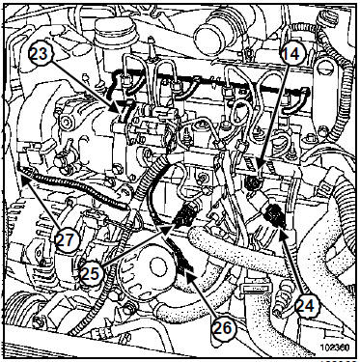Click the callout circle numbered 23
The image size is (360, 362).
click(x=40, y=54)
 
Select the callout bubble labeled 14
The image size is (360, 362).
click(x=291, y=54)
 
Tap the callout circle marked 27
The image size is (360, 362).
click(x=67, y=240)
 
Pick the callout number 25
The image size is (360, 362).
click(x=92, y=273)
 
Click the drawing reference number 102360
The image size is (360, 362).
click(x=336, y=348)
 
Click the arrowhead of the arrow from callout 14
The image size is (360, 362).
click(x=259, y=170)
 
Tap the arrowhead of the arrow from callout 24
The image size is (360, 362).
click(x=281, y=228)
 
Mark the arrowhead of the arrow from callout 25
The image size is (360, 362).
click(x=175, y=225)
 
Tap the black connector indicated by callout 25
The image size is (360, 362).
click(x=186, y=213)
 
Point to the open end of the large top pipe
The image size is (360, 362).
click(x=209, y=36)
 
